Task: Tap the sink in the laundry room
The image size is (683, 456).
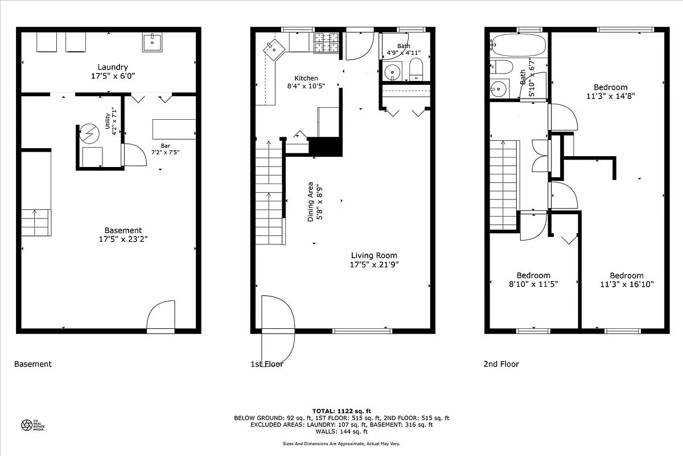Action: coord(153,42)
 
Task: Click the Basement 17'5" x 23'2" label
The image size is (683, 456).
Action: coord(123,235)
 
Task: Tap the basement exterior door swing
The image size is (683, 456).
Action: coord(161,316)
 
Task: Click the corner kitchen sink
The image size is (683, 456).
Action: coord(274,50)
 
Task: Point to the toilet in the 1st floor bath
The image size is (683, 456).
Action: coord(416,68)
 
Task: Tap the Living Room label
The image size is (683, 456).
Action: coord(374,260)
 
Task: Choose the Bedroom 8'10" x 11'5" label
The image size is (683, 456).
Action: coord(533,279)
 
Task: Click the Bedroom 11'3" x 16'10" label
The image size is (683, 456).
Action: coord(626,279)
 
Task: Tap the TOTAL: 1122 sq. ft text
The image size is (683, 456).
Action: coord(341,410)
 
